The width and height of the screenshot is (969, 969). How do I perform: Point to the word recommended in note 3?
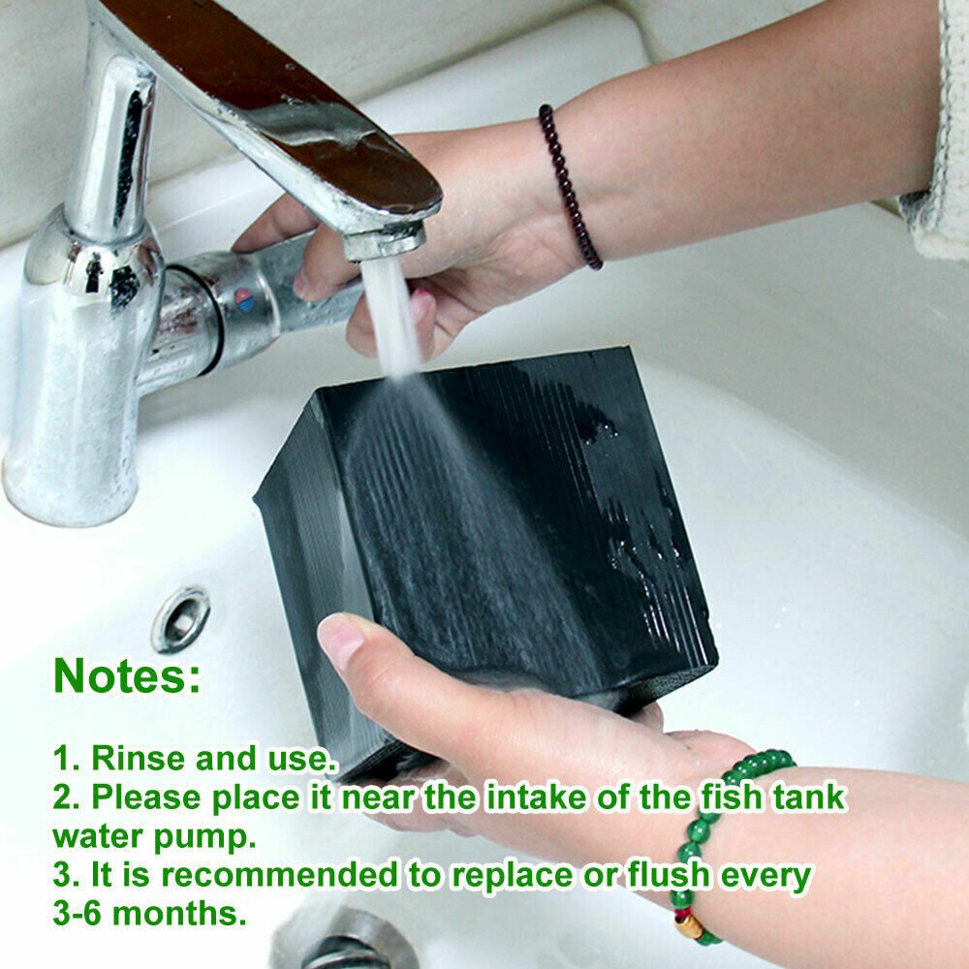[280, 874]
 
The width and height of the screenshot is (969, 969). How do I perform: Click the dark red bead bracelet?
[568, 184]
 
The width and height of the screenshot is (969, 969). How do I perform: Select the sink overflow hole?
[180, 617]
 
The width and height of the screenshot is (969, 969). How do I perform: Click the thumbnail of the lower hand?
[341, 642]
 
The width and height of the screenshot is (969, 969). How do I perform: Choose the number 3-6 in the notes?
[82, 913]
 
